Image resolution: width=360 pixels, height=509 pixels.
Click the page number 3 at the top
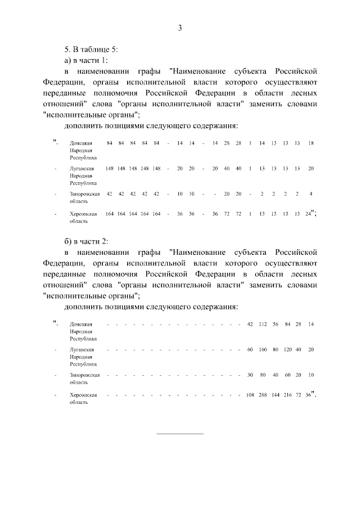pyautogui.click(x=180, y=28)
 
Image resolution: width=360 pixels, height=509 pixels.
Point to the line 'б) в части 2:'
pyautogui.click(x=86, y=242)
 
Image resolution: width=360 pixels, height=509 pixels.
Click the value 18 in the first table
pyautogui.click(x=311, y=143)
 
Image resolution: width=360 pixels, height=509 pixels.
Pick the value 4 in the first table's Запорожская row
pyautogui.click(x=311, y=194)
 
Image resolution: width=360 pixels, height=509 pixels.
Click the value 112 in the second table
pyautogui.click(x=263, y=325)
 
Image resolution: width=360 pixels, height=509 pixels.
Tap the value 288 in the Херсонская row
pyautogui.click(x=263, y=395)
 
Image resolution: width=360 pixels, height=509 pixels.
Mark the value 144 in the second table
pyautogui.click(x=276, y=395)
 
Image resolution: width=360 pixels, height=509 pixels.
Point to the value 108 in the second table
pyautogui.click(x=250, y=395)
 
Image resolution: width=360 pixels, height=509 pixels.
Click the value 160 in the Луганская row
pyautogui.click(x=263, y=350)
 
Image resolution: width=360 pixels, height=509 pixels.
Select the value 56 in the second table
pyautogui.click(x=276, y=325)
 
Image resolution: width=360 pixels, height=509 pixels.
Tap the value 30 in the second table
pyautogui.click(x=250, y=375)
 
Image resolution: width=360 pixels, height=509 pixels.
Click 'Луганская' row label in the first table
pyautogui.click(x=81, y=169)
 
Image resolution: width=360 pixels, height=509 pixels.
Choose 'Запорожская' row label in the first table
pyautogui.click(x=84, y=194)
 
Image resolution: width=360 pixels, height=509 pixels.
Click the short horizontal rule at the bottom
pyautogui.click(x=179, y=433)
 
